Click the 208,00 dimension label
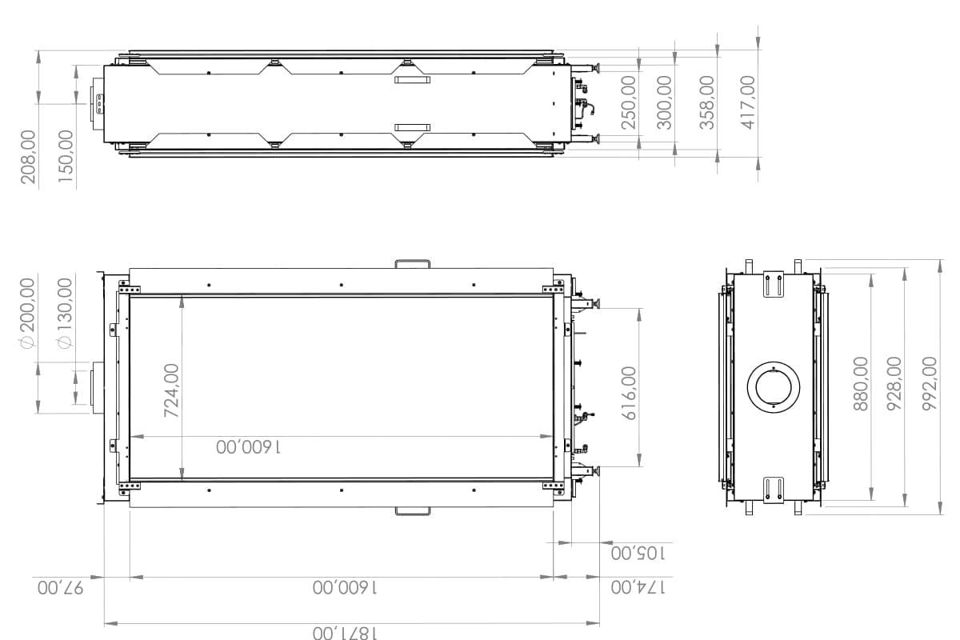point(29,157)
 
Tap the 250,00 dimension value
point(629,102)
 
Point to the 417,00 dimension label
point(748,102)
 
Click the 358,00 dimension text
point(707,102)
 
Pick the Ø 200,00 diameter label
point(28,313)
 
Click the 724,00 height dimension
point(171,390)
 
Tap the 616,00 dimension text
point(629,393)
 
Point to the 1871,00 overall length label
point(343,633)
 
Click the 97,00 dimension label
point(60,588)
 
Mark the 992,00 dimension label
point(930,383)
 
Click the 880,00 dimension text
point(861,383)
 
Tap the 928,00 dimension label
point(894,383)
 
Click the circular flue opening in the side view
point(774,387)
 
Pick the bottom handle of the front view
point(412,510)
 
